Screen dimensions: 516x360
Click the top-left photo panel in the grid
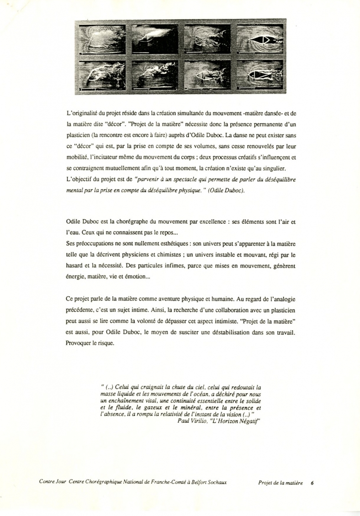tap(102, 39)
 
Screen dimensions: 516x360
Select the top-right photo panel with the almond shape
tap(260, 39)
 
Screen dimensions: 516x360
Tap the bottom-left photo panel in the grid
tap(102, 74)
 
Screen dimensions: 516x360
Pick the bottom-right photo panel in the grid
tap(260, 74)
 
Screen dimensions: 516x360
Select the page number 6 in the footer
tap(312, 482)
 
